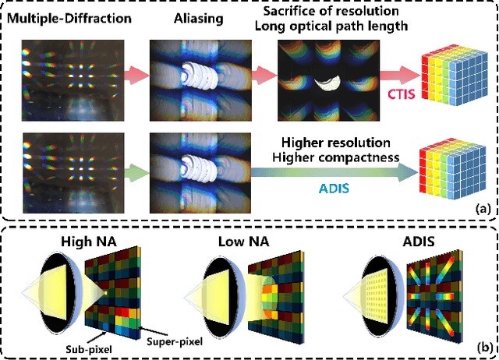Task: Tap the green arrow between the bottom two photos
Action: [129, 167]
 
